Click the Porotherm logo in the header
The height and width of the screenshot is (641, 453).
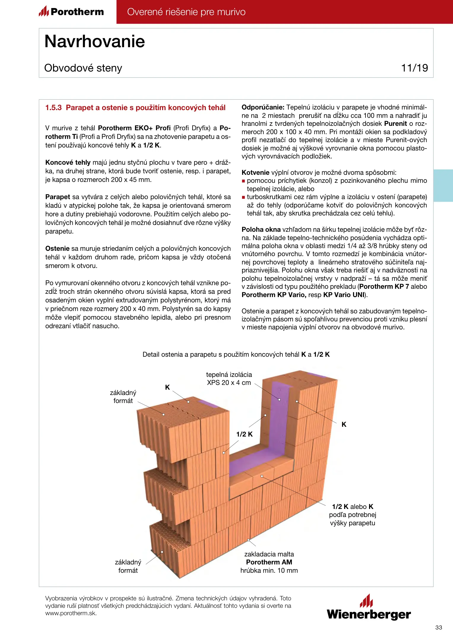click(71, 12)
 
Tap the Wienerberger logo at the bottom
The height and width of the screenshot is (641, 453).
click(369, 608)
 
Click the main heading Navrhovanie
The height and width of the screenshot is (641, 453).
click(95, 41)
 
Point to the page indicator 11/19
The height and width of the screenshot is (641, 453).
click(414, 68)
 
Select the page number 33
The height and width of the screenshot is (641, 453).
click(438, 627)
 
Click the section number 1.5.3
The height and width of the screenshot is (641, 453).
click(53, 108)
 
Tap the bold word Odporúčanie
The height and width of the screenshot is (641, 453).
click(263, 107)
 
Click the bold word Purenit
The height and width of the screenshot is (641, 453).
click(395, 124)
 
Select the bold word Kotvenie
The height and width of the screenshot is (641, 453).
click(255, 173)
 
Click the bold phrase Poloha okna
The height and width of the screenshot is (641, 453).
click(261, 229)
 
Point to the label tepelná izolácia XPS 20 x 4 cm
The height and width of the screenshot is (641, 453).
click(229, 379)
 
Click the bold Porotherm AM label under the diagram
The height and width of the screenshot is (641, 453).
click(269, 562)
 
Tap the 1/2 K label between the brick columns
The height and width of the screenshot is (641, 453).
click(244, 434)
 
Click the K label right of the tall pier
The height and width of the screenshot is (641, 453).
click(344, 424)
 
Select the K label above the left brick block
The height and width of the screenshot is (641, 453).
click(167, 387)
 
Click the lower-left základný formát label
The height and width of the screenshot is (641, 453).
click(128, 566)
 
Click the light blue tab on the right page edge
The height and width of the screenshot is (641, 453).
click(443, 185)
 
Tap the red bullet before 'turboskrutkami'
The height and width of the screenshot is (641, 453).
click(244, 197)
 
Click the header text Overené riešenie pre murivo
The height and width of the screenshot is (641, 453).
click(186, 12)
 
